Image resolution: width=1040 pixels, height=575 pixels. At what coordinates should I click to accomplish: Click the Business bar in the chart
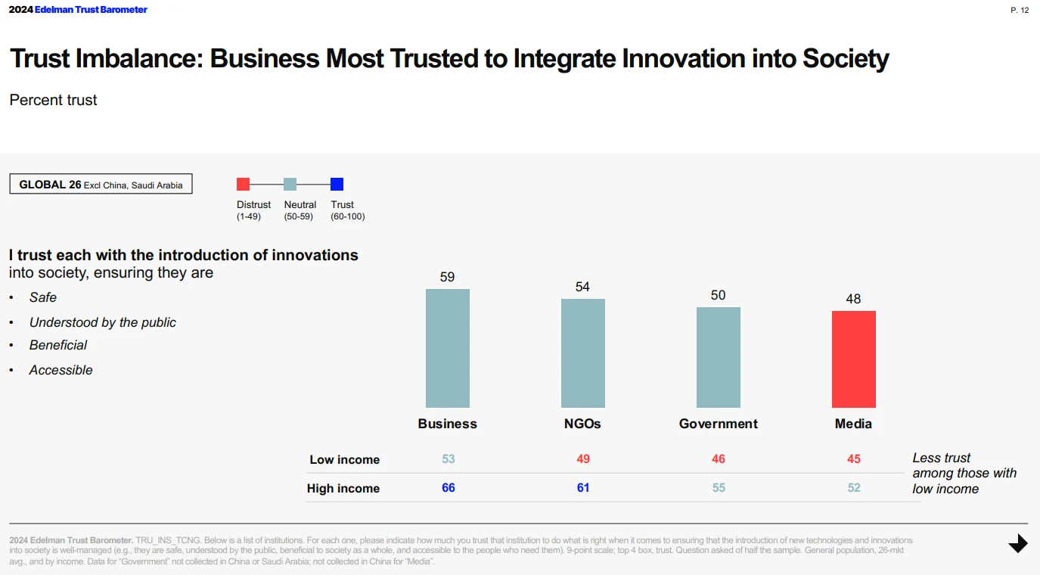coord(447,348)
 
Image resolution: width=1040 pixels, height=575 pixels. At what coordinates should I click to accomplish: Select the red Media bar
coord(853,359)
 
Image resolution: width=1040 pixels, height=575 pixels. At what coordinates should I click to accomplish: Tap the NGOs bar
coord(582,353)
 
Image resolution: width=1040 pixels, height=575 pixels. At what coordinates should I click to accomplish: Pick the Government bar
coord(718,357)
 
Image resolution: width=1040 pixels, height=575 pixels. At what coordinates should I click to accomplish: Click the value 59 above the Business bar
coord(447,277)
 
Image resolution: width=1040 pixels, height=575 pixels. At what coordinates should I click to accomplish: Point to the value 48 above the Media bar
coord(853,299)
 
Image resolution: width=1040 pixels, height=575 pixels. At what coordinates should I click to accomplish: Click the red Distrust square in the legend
coord(243,184)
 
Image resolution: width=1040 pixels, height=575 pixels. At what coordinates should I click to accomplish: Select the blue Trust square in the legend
coord(337,184)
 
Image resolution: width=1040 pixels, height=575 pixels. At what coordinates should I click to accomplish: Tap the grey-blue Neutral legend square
coord(290,184)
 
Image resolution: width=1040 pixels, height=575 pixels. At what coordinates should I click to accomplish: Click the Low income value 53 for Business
coord(449,459)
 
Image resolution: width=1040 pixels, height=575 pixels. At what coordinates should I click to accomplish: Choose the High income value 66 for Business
coord(449,488)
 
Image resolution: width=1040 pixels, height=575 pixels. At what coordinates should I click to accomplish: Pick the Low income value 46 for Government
coord(718,459)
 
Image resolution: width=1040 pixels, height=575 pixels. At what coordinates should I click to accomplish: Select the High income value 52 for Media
coord(853,488)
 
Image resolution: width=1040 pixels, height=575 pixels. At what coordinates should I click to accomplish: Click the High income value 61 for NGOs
coord(582,488)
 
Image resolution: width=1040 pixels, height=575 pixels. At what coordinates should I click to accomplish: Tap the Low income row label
coord(344,460)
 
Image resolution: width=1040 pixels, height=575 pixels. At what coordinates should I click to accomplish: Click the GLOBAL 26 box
coord(101,185)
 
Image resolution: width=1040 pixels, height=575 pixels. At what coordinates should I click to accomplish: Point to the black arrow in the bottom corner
coord(1018,543)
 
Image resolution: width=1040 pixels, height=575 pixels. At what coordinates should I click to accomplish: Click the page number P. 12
coord(1020,11)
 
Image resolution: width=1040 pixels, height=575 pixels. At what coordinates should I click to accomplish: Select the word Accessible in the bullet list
coord(61,370)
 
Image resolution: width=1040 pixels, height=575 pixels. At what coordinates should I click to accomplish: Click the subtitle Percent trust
coord(53,100)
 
